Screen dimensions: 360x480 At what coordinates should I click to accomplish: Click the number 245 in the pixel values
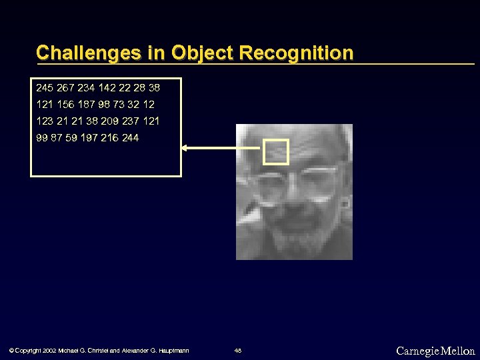[x=45, y=87]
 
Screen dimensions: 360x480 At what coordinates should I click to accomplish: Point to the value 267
[x=67, y=87]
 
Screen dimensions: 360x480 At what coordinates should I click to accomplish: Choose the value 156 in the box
[x=66, y=105]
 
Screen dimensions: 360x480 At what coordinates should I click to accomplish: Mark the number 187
[x=88, y=105]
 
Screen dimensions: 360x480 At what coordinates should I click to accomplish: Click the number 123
[x=45, y=121]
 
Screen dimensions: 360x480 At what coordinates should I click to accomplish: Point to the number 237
[x=131, y=121]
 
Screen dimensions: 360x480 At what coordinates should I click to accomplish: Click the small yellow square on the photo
[x=276, y=152]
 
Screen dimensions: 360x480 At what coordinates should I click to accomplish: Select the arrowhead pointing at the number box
[x=187, y=148]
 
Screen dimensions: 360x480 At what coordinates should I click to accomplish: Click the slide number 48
[x=237, y=351]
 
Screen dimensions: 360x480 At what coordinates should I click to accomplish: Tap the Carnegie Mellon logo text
[x=435, y=351]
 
